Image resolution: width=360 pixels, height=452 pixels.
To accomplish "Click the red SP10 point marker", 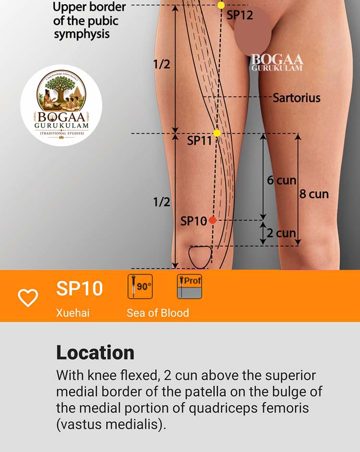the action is click(212, 220).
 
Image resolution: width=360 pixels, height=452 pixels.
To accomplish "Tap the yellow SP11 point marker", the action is click(217, 133).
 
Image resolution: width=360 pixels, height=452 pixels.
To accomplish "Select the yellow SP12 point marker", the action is click(221, 5).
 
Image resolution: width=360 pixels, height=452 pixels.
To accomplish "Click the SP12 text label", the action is click(240, 15).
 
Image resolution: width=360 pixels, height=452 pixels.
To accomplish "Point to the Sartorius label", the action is click(297, 98).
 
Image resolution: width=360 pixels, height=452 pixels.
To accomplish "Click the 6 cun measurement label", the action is click(282, 180).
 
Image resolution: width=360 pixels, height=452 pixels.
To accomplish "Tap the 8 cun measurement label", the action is click(314, 194).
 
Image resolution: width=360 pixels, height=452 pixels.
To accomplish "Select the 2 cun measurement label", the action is click(281, 233).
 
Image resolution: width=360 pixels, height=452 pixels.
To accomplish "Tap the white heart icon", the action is click(28, 297).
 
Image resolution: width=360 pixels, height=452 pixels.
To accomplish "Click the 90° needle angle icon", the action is click(140, 286).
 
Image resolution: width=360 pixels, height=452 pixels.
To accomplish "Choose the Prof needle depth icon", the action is click(190, 286).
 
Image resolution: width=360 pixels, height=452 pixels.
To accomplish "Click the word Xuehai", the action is click(72, 313).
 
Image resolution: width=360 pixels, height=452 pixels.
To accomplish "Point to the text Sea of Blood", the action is click(158, 313).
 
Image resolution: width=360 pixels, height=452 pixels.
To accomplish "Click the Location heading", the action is click(95, 352).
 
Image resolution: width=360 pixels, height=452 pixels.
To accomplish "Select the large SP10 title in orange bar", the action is click(79, 288).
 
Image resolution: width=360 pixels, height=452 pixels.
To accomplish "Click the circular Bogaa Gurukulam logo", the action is click(61, 105).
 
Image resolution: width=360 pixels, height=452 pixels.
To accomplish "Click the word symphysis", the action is click(82, 35).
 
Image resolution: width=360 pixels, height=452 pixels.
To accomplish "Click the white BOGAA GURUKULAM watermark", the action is click(277, 62).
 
